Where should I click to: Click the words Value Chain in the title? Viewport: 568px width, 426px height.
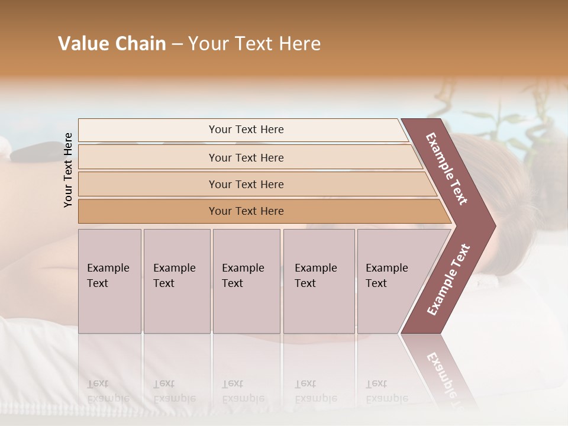[x=112, y=44]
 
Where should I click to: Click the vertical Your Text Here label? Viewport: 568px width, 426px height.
[x=68, y=170]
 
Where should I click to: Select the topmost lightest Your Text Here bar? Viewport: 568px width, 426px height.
[x=246, y=130]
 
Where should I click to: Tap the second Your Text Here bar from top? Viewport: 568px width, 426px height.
[x=246, y=157]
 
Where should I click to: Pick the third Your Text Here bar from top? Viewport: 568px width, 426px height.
[x=246, y=184]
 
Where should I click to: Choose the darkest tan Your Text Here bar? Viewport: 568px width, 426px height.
[x=246, y=211]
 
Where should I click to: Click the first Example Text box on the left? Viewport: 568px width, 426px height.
[x=109, y=280]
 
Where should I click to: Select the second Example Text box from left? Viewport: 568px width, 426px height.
[x=176, y=280]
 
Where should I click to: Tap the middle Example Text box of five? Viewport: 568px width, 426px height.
[x=246, y=280]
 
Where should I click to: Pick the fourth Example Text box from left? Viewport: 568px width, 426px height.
[x=318, y=280]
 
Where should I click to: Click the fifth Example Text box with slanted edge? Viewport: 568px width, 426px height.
[x=390, y=280]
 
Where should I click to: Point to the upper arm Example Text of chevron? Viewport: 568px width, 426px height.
[x=447, y=169]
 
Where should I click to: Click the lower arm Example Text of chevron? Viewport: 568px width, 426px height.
[x=448, y=279]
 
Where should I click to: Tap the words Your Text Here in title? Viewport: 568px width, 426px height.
[x=254, y=44]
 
